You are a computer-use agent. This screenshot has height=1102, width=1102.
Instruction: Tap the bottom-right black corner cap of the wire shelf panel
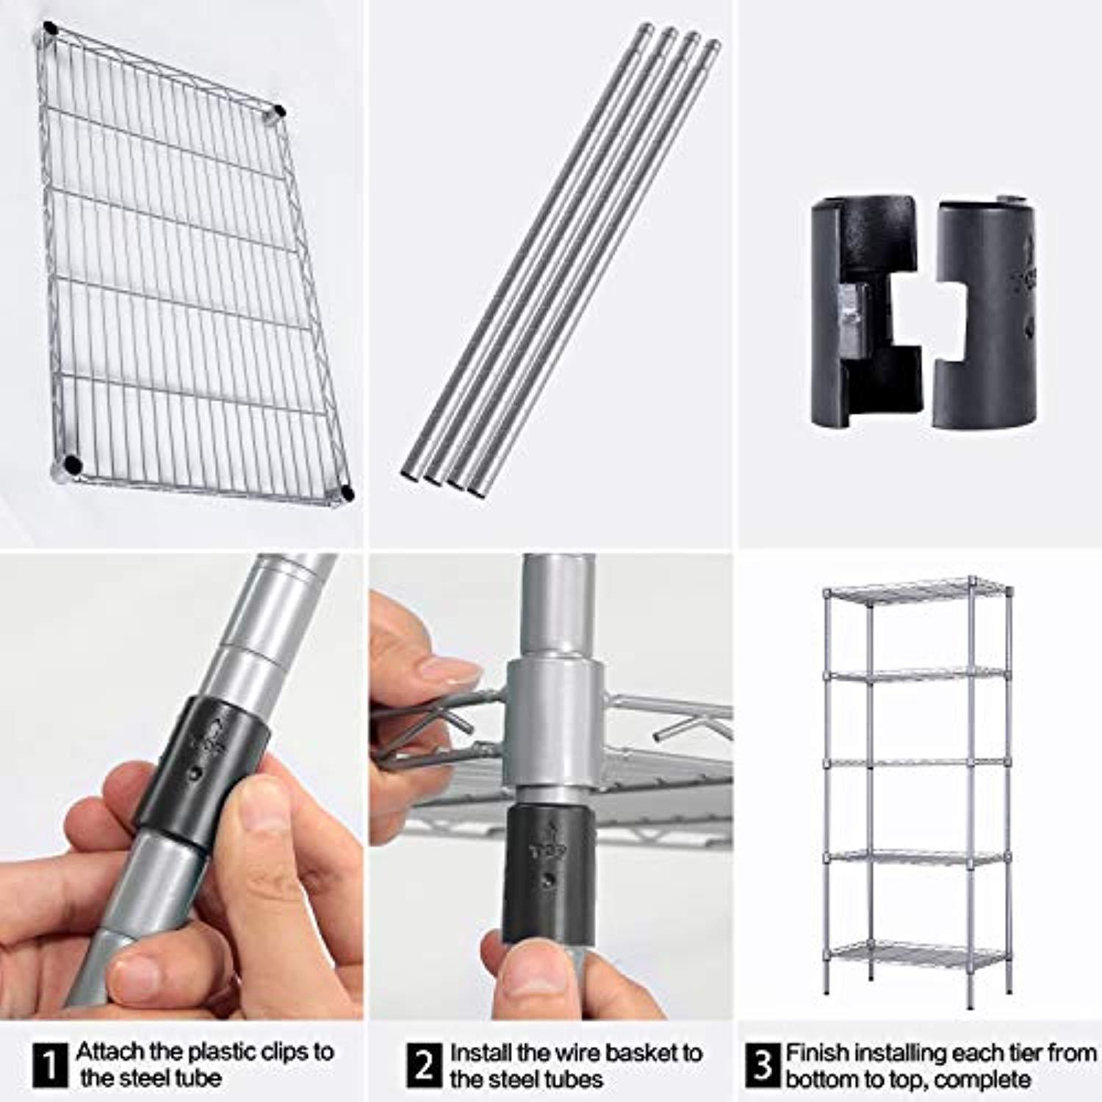(347, 492)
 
